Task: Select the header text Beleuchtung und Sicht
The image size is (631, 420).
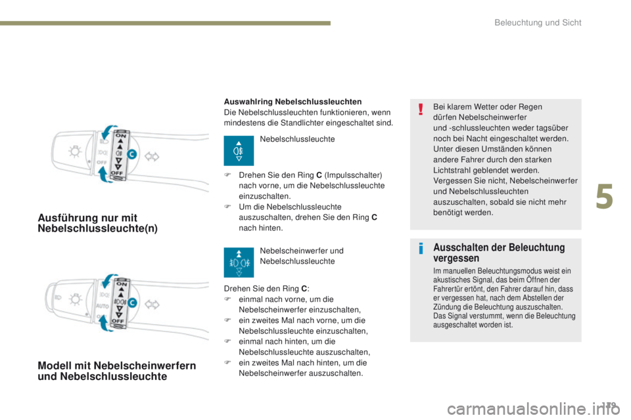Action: [x=538, y=23]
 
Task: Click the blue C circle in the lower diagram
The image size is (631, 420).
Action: [x=132, y=303]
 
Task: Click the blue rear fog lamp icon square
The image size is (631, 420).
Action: [x=239, y=152]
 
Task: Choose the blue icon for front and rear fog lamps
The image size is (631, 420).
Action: [x=239, y=261]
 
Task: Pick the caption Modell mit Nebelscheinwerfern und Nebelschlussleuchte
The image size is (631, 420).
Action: [x=116, y=371]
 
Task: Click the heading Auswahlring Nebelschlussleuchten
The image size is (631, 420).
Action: [x=292, y=102]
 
